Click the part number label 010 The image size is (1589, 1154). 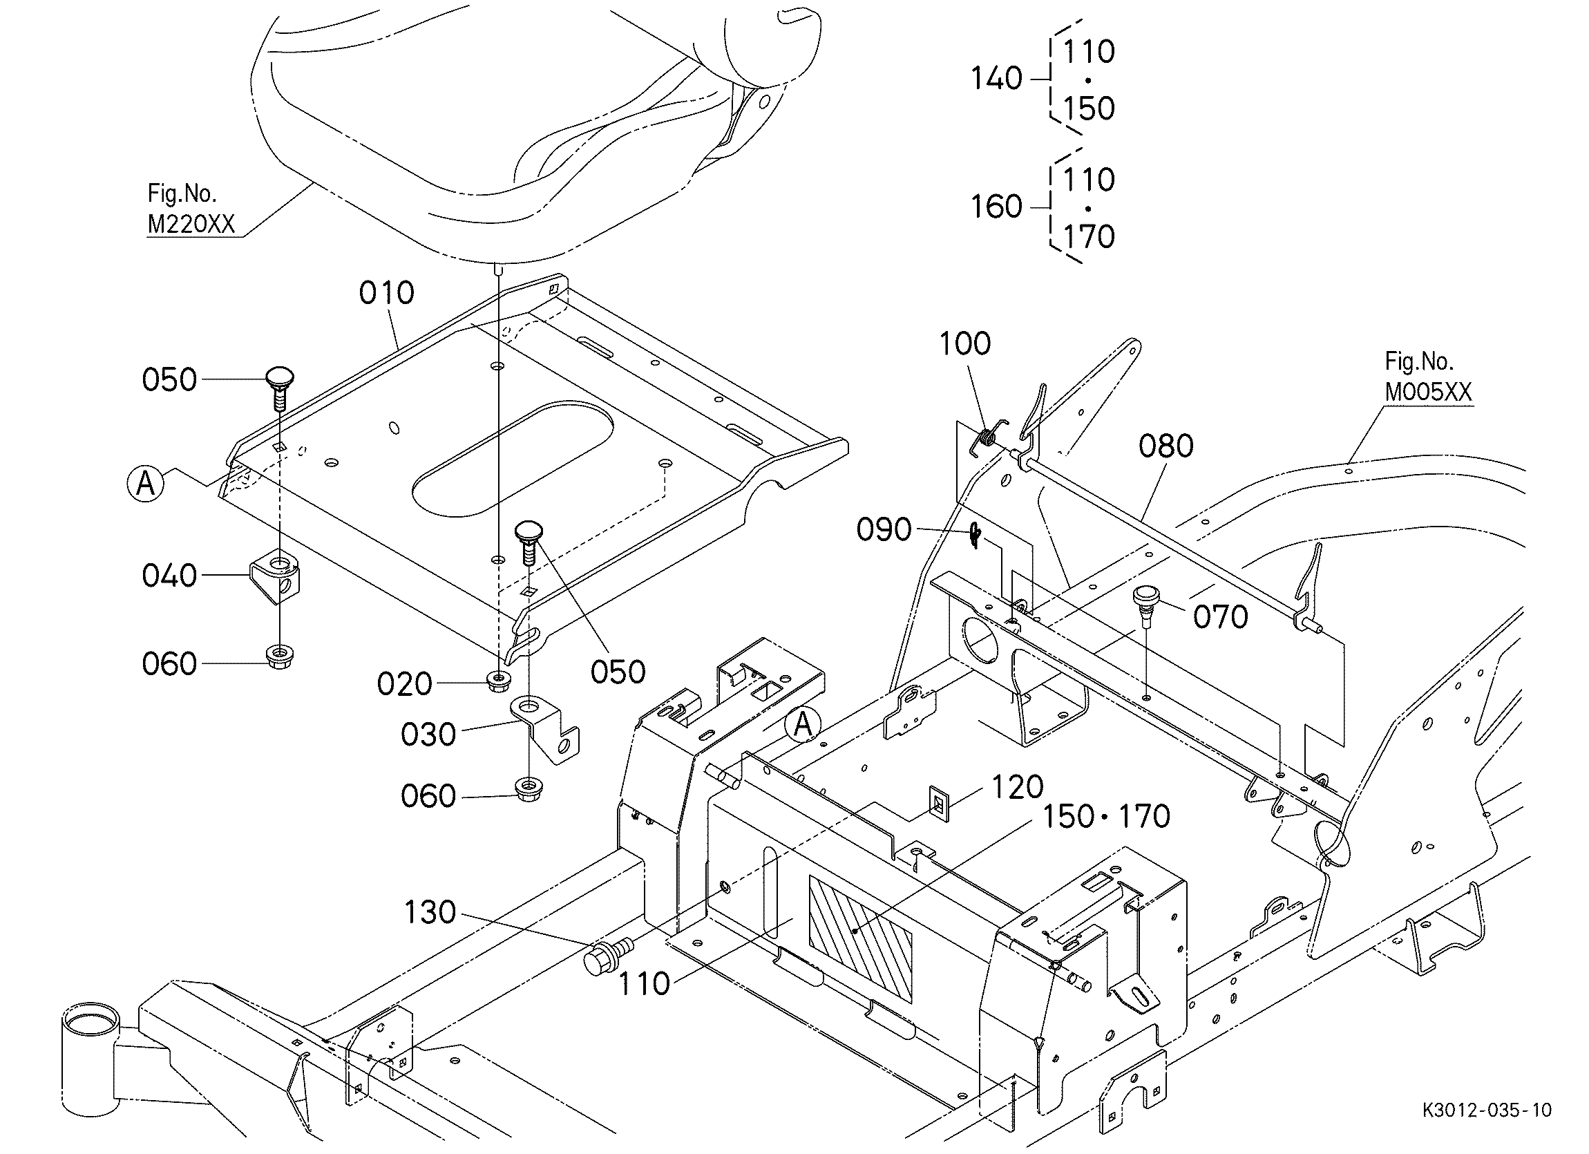pyautogui.click(x=387, y=292)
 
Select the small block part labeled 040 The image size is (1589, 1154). pyautogui.click(x=276, y=576)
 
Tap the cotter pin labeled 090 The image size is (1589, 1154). pyautogui.click(x=976, y=537)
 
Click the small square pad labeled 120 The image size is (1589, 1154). pyautogui.click(x=938, y=803)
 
